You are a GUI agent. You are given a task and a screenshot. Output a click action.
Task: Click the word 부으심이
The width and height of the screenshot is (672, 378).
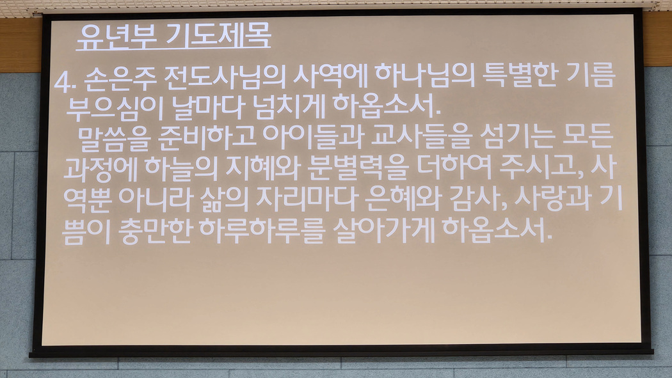click(x=113, y=107)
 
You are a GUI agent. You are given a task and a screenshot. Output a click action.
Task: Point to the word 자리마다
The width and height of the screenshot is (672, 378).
click(x=306, y=199)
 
